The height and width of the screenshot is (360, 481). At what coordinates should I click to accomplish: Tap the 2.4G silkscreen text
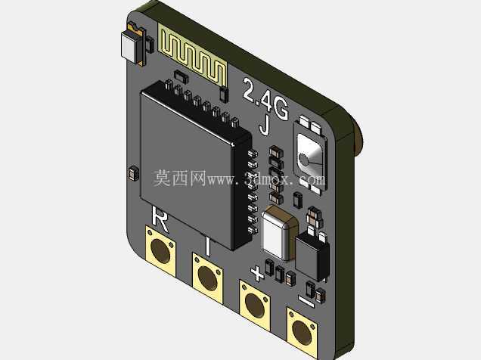pyautogui.click(x=265, y=98)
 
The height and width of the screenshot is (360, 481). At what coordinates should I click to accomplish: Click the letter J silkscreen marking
pyautogui.click(x=265, y=125)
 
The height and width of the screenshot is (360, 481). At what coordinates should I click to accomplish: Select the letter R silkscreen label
pyautogui.click(x=160, y=219)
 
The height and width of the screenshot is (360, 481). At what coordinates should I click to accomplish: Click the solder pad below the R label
pyautogui.click(x=160, y=251)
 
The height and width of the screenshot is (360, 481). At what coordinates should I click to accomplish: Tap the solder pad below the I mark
pyautogui.click(x=207, y=278)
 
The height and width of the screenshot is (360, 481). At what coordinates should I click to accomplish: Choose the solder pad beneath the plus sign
pyautogui.click(x=255, y=306)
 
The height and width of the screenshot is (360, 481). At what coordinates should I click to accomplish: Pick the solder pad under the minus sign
pyautogui.click(x=303, y=333)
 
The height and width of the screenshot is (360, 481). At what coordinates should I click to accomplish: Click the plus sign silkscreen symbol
pyautogui.click(x=257, y=274)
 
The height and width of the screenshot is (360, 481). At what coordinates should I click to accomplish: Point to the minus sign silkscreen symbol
pyautogui.click(x=306, y=301)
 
